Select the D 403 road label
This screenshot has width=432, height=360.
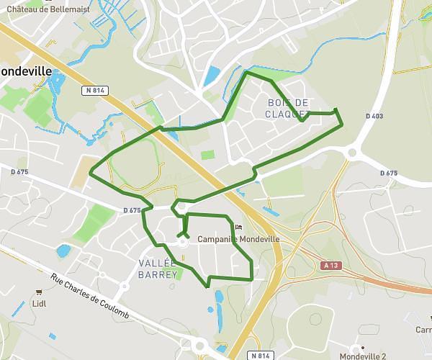point(374,116)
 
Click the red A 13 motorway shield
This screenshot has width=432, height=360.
point(330,266)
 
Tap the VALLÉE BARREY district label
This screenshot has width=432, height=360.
point(157,269)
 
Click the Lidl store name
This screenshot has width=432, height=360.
point(40,304)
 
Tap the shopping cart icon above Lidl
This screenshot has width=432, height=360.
point(39,292)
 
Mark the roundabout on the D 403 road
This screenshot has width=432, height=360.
point(353,151)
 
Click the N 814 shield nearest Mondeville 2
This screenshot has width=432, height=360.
point(261,355)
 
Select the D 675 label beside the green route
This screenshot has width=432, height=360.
point(131,210)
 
